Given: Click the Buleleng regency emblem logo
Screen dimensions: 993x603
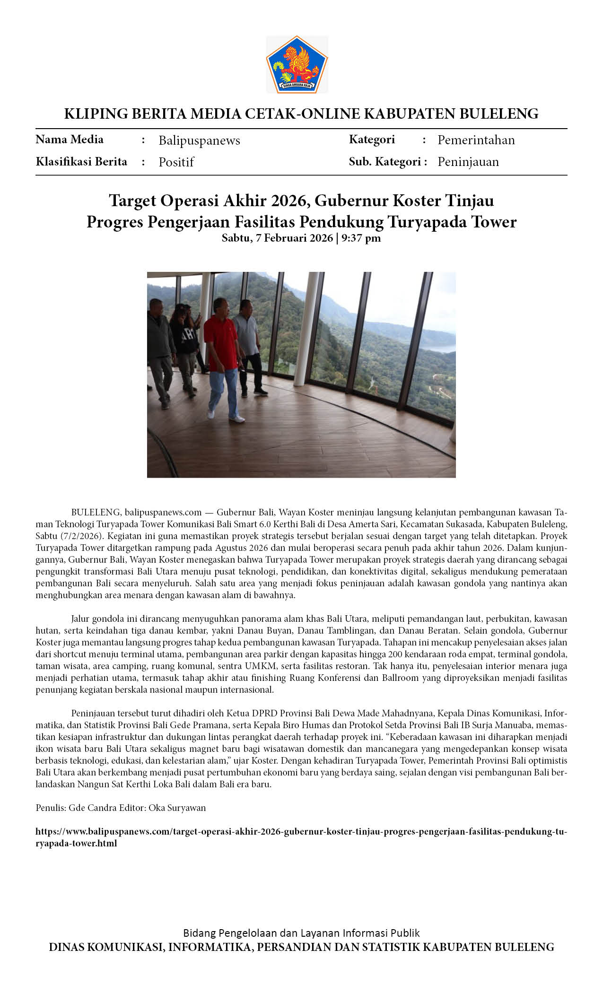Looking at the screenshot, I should pyautogui.click(x=297, y=64).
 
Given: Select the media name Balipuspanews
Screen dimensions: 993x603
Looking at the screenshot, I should pyautogui.click(x=199, y=140).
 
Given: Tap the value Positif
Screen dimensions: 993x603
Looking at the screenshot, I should pyautogui.click(x=176, y=162).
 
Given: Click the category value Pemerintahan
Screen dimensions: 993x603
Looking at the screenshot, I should pyautogui.click(x=476, y=140).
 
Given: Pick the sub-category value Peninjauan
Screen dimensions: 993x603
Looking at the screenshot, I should pyautogui.click(x=468, y=162).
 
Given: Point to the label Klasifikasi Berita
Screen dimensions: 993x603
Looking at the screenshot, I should pyautogui.click(x=81, y=162).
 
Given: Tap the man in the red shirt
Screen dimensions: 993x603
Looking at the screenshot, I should pyautogui.click(x=222, y=350).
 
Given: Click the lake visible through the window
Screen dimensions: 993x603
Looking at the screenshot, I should pyautogui.click(x=440, y=348).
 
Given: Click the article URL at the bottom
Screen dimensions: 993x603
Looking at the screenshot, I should pyautogui.click(x=301, y=837).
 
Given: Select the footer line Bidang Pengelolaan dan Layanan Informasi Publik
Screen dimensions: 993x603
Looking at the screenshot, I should pyautogui.click(x=301, y=933).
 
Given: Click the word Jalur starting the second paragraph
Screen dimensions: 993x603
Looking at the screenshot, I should pyautogui.click(x=80, y=618).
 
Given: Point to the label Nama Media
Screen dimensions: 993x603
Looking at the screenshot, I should pyautogui.click(x=70, y=139).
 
